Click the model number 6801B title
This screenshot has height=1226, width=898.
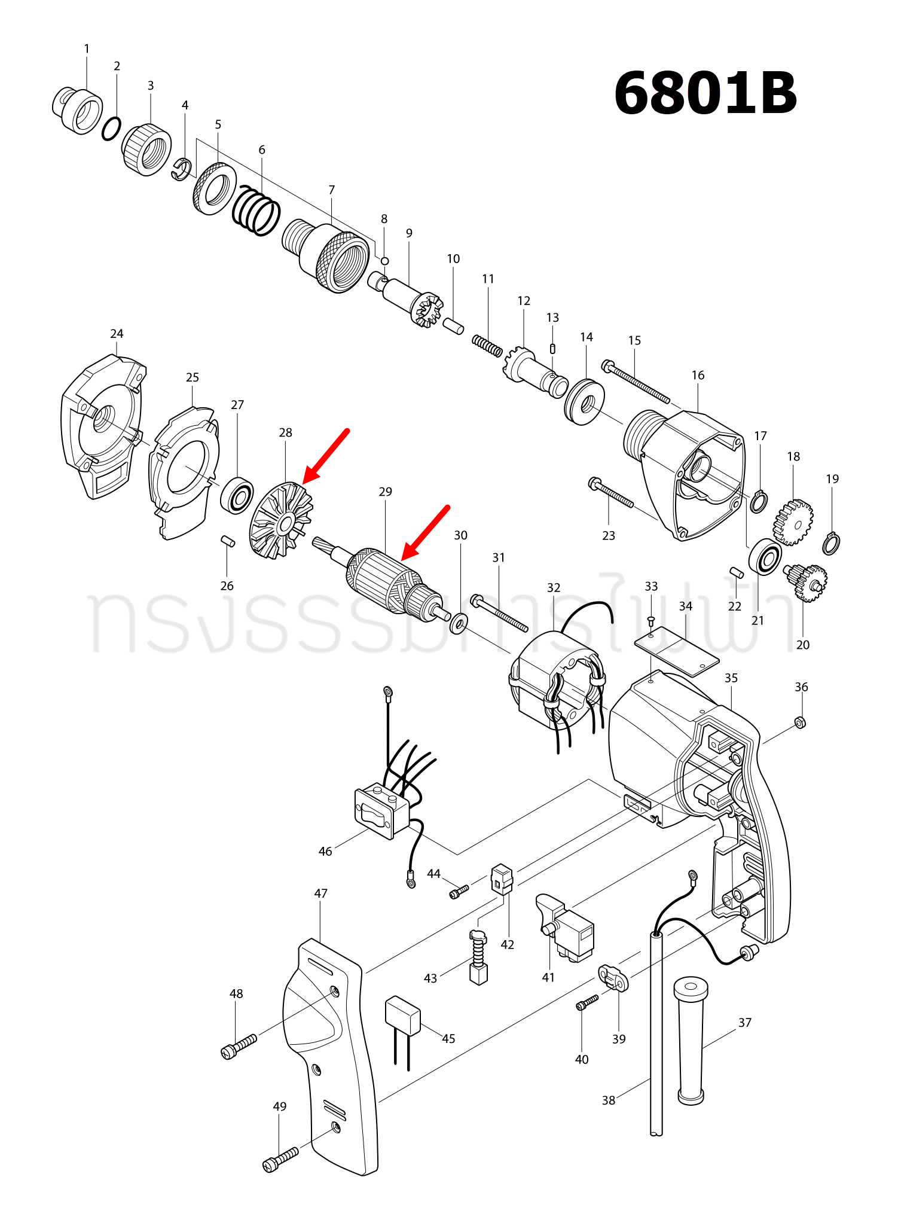[705, 94]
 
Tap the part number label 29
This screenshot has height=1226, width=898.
[385, 492]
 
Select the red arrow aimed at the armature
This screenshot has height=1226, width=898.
[425, 533]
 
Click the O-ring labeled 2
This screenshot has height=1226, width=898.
[111, 129]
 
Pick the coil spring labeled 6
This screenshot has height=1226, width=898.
[256, 210]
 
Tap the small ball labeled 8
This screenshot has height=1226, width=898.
[385, 261]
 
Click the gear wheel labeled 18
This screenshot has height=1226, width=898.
[794, 522]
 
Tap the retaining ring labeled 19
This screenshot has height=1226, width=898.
[831, 543]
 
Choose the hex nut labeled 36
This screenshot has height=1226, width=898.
[801, 722]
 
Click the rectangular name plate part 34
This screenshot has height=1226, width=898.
[677, 651]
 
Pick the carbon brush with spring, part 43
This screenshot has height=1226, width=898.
[478, 957]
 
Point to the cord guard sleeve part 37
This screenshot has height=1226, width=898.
[691, 1041]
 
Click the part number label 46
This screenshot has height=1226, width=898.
[325, 851]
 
